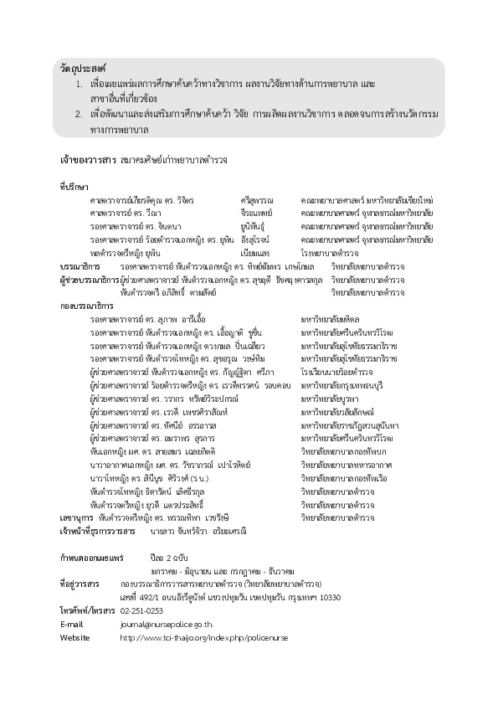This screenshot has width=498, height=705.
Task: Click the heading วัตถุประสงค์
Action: tap(85, 66)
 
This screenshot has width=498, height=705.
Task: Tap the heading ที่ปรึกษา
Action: tap(74, 187)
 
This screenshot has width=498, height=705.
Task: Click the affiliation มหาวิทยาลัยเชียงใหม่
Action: tap(396, 201)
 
